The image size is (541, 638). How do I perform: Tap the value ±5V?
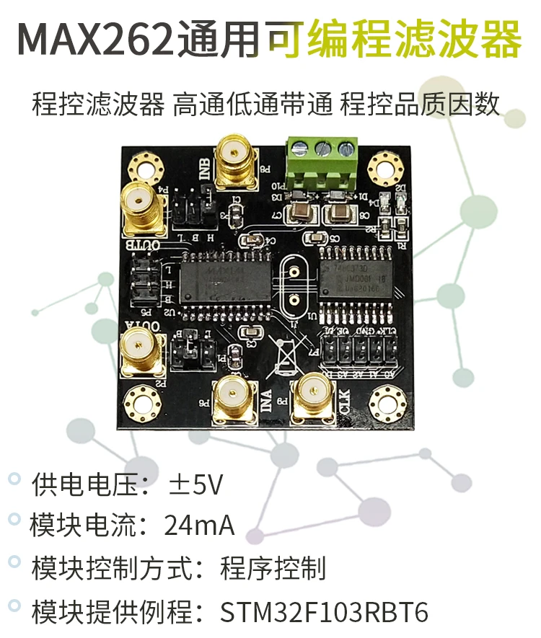coord(196,484)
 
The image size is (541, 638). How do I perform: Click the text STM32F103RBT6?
coord(324,612)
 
